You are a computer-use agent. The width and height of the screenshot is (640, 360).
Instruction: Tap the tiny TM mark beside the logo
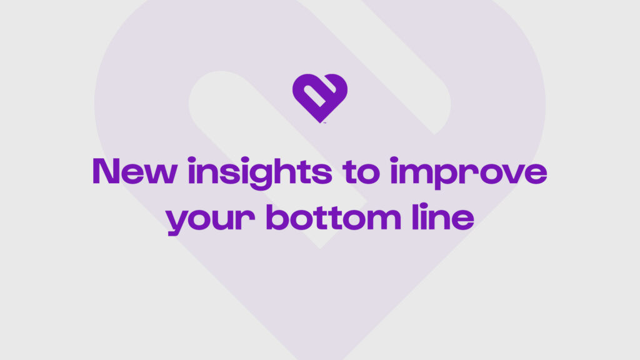[x=325, y=122]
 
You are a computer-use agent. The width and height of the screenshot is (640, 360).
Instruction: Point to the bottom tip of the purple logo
[x=320, y=123]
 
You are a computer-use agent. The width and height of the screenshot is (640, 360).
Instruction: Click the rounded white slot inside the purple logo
[x=315, y=96]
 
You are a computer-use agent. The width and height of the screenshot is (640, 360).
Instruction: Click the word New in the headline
[x=135, y=171]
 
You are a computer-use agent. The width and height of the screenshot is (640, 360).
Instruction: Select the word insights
[x=260, y=174]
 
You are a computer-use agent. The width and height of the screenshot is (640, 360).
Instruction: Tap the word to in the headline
[x=361, y=172]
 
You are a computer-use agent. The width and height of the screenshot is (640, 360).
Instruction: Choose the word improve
[x=469, y=174]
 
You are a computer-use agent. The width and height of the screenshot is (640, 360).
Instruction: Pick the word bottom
[x=334, y=217]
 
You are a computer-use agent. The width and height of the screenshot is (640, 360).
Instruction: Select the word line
[x=443, y=217]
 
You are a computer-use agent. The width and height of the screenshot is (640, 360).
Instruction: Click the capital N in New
[x=106, y=171]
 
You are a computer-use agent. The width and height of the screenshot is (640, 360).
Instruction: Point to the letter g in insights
[x=260, y=176]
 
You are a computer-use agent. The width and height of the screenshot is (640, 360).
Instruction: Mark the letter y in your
[x=179, y=222]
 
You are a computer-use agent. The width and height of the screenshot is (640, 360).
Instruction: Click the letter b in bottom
[x=281, y=217]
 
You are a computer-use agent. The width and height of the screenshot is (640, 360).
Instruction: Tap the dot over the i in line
[x=424, y=206]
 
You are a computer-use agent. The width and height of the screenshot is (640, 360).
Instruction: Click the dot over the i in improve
[x=394, y=159]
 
